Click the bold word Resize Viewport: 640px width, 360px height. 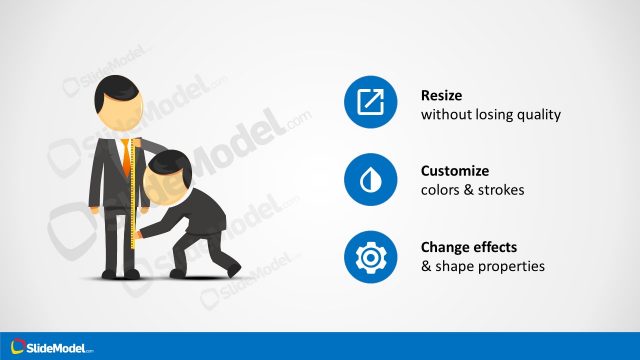[442, 95]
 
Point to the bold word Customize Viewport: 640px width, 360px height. [455, 170]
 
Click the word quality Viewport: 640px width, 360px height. [538, 115]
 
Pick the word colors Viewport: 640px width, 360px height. [441, 190]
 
